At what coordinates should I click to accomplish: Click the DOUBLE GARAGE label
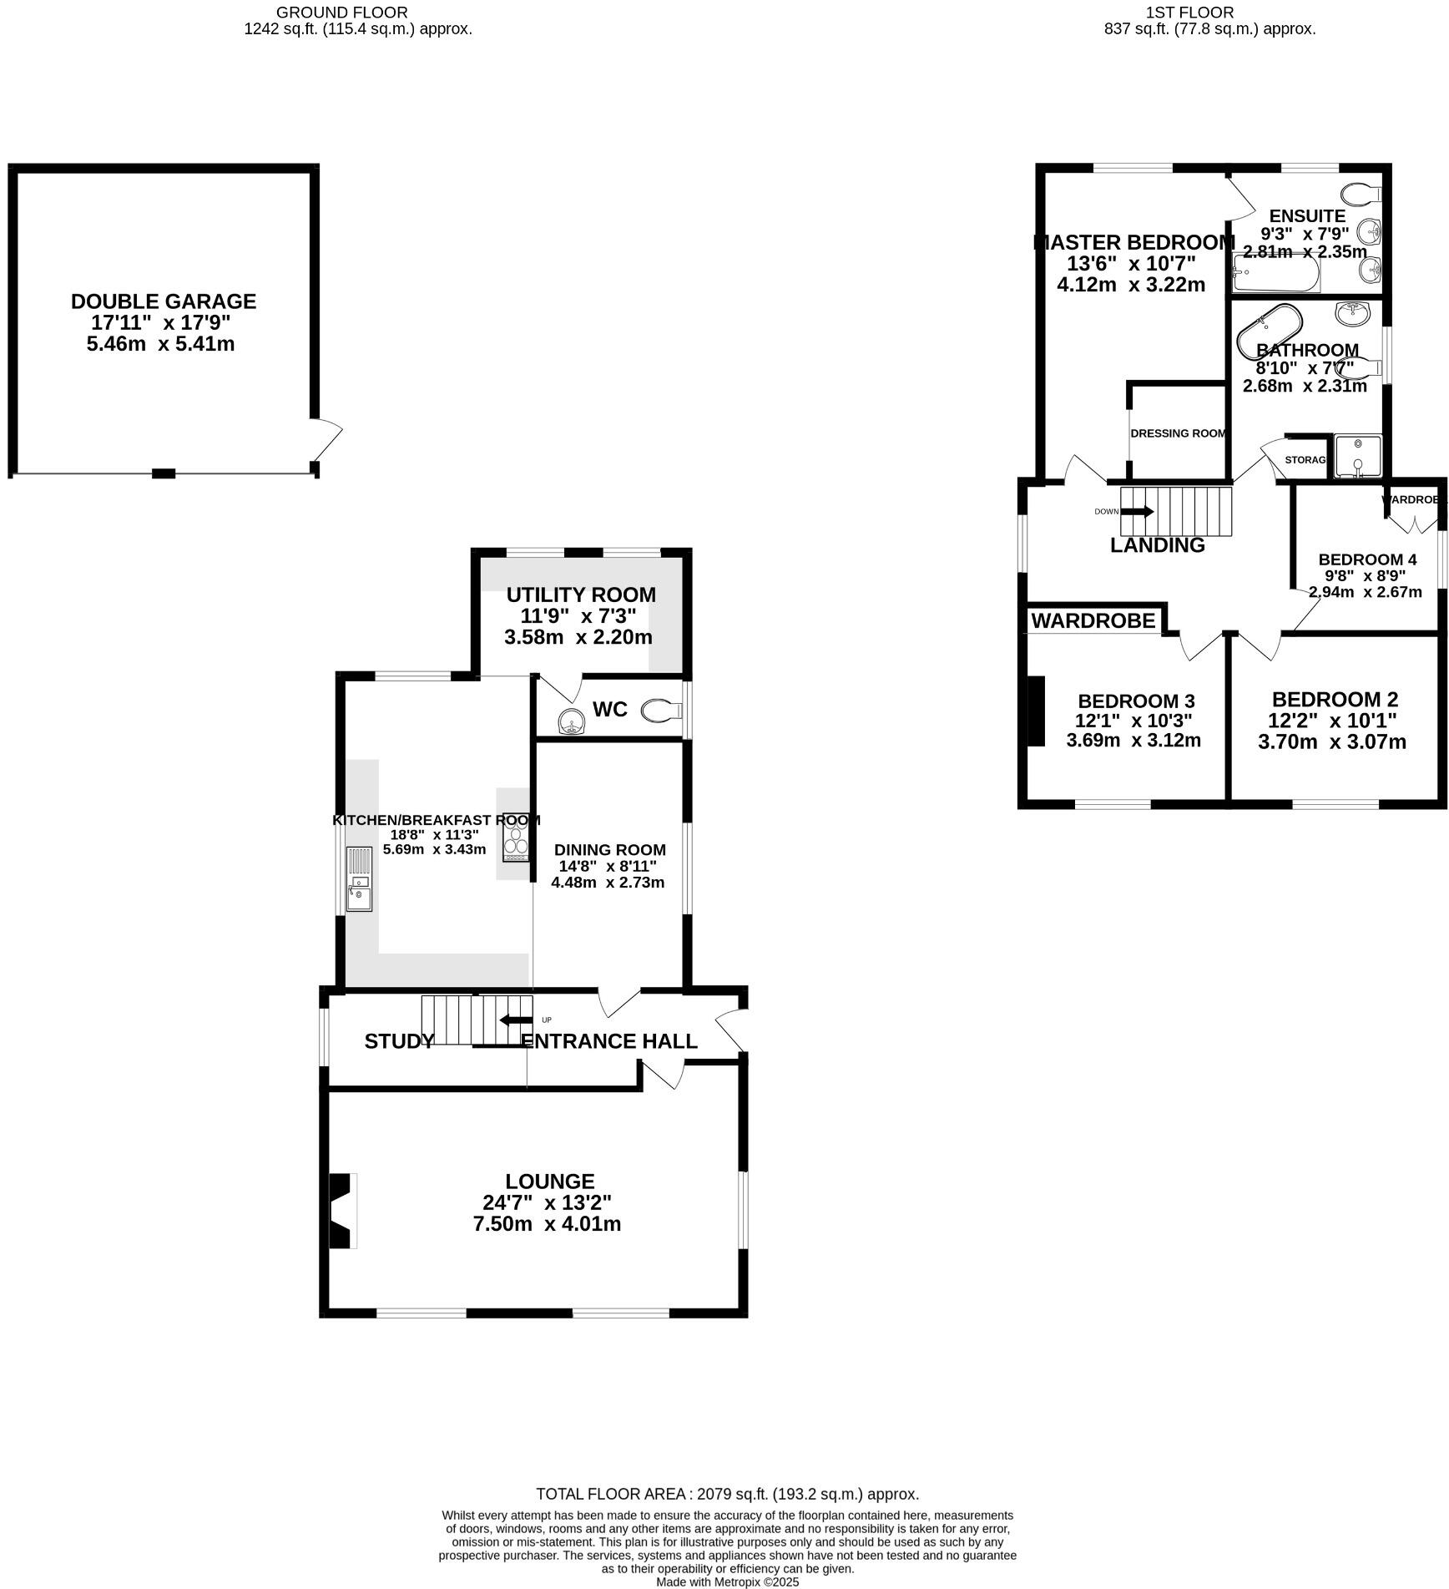point(164,301)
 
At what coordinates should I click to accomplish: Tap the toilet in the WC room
point(660,711)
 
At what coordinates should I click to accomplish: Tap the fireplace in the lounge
point(342,1211)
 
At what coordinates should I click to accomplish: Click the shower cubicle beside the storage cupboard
point(1357,457)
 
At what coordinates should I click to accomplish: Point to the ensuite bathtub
point(1275,275)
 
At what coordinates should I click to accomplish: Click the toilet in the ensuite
point(1364,194)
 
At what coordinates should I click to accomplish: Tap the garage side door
point(328,440)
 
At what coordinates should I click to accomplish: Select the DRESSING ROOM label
point(1178,433)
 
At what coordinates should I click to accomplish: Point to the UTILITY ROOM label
point(581,595)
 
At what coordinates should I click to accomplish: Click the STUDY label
point(399,1041)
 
